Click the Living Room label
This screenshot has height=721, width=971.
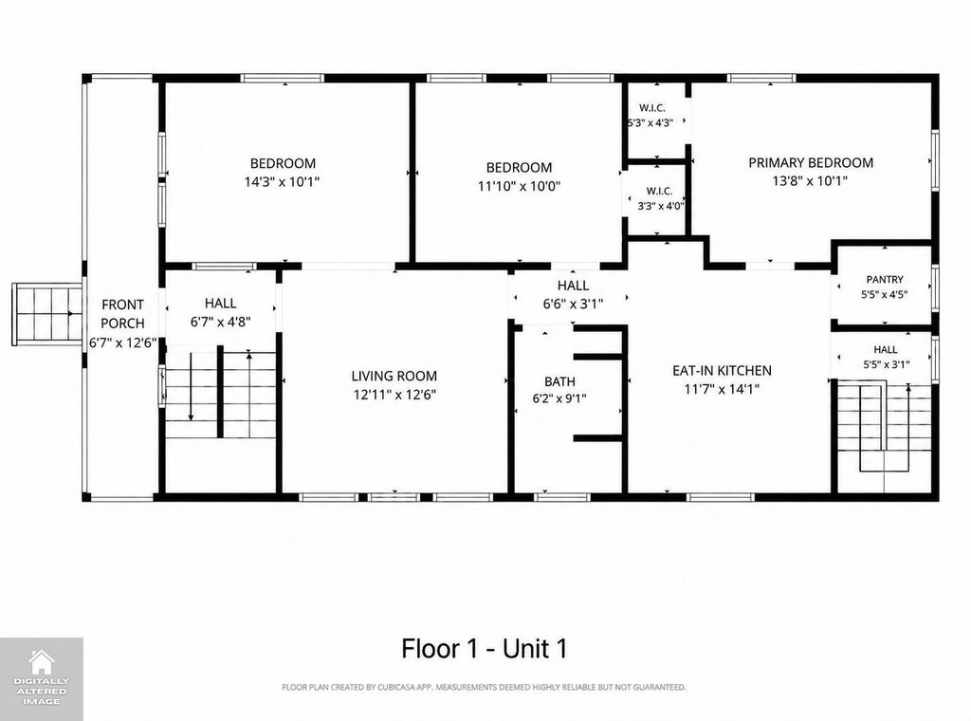point(394,376)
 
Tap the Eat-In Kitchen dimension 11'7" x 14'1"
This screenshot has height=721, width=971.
point(722,389)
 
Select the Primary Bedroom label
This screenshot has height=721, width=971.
point(811,163)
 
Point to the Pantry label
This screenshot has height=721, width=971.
point(885,279)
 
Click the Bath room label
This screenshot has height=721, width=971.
point(559,381)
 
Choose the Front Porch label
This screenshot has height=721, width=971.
point(122,314)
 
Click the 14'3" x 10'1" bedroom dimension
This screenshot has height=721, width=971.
point(283,182)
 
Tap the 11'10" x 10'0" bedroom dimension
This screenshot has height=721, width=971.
point(519,186)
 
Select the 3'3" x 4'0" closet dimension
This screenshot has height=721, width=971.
point(661,206)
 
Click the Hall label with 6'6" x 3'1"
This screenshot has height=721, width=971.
point(573,286)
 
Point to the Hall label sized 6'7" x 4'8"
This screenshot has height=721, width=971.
point(220,303)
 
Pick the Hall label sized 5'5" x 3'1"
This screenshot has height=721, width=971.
point(886,350)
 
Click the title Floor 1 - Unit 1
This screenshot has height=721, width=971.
point(485,649)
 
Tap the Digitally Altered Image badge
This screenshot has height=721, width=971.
point(42,679)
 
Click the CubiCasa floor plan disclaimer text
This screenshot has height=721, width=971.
point(484,687)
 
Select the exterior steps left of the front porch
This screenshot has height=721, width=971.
point(47,314)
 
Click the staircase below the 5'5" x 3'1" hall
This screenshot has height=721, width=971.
point(885,428)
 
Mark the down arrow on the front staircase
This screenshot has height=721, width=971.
point(191,386)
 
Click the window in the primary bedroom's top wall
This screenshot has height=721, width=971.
point(761,78)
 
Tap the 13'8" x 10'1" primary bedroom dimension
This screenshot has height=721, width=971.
point(810,181)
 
